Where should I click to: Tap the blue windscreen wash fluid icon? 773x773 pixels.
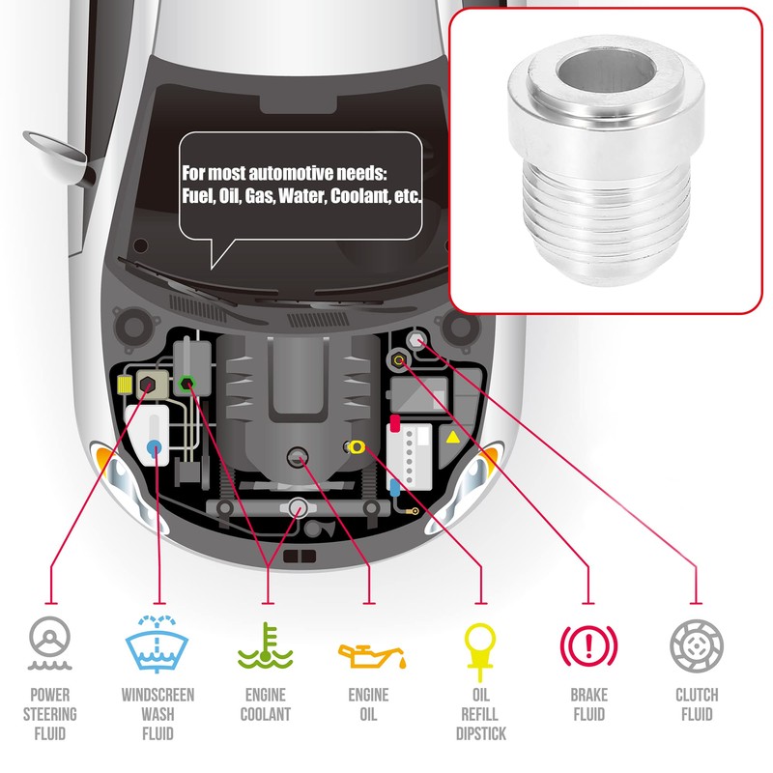point(157,643)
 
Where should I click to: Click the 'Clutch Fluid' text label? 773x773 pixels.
point(696,704)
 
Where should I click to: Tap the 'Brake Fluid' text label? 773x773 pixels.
point(589,704)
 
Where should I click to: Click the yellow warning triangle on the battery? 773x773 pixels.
point(452,437)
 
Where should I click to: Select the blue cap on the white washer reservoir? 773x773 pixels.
point(154,446)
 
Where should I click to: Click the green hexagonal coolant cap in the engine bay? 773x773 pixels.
point(187,383)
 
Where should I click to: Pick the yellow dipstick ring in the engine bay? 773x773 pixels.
point(357,445)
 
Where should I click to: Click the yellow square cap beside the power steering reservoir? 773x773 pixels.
point(124,386)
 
